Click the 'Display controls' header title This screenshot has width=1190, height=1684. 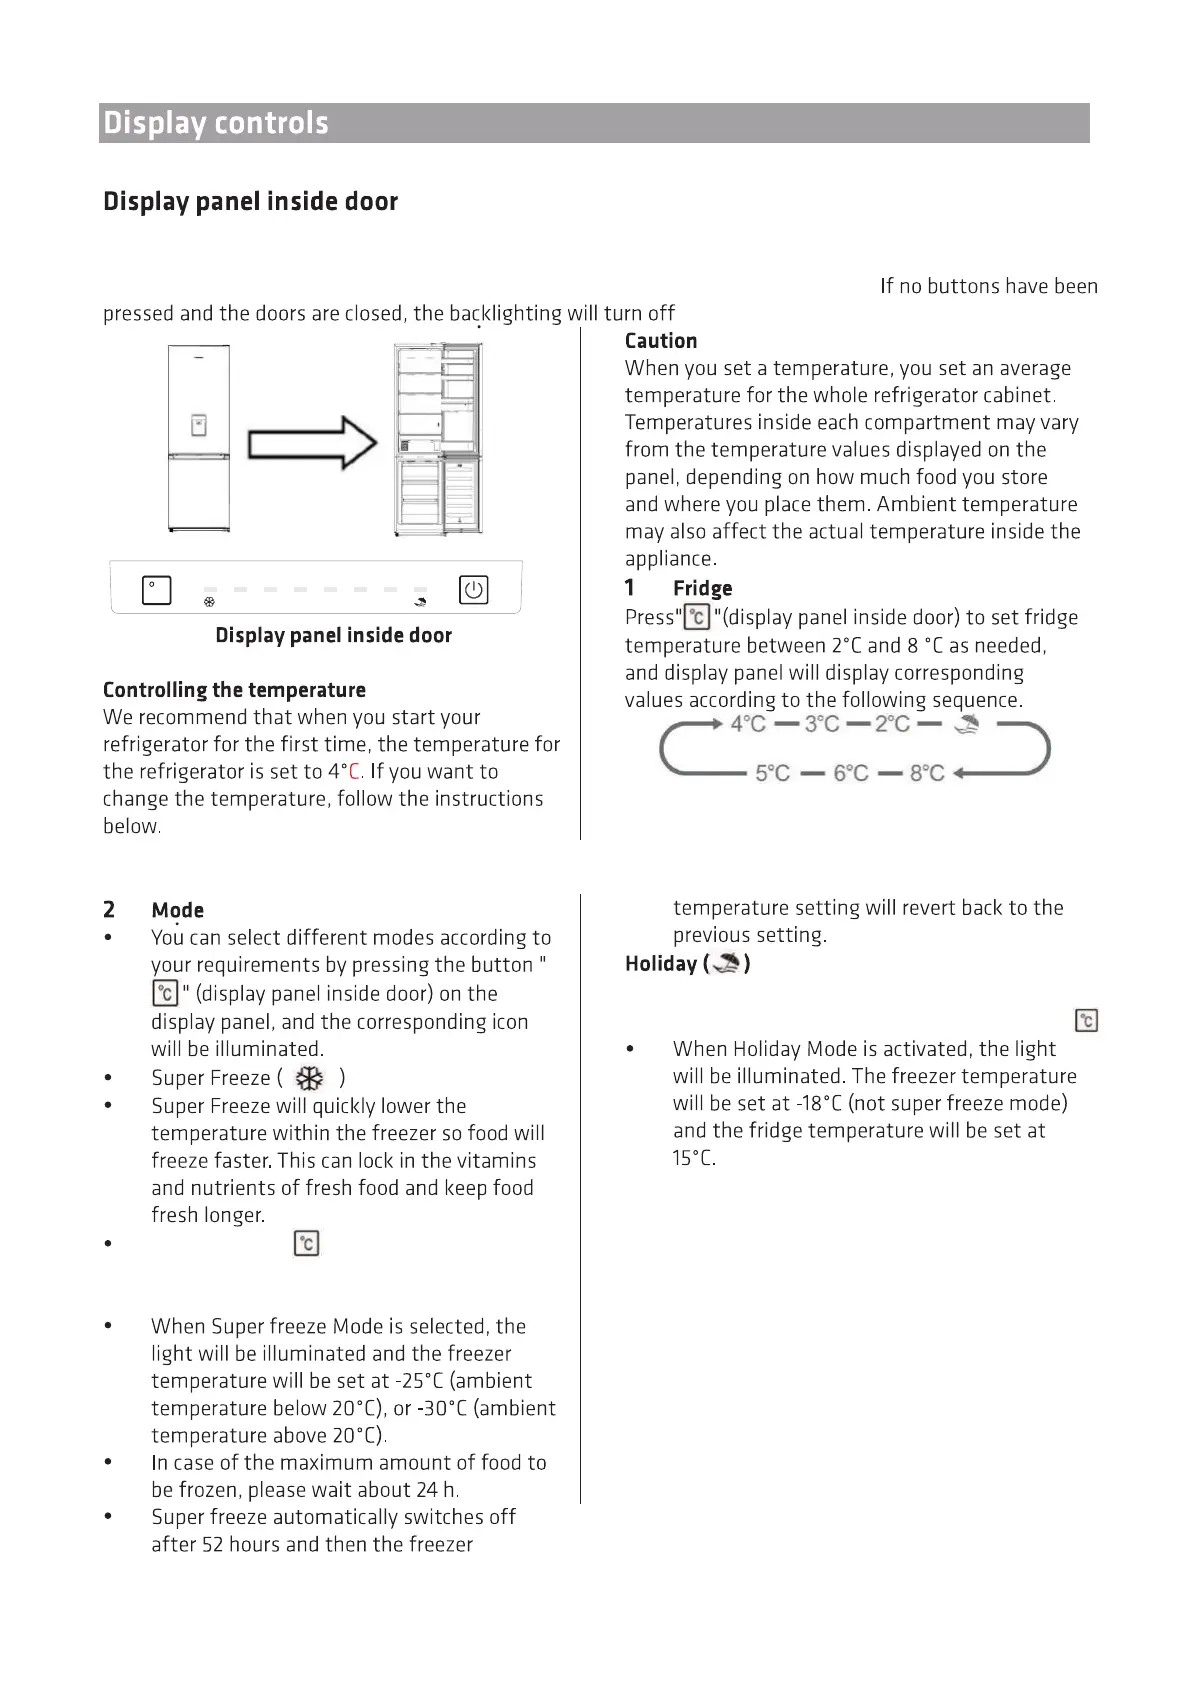pos(216,123)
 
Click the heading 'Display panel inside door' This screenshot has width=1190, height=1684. pos(250,202)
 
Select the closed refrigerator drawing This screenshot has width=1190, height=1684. pos(199,438)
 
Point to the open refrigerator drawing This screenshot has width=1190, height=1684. pos(439,439)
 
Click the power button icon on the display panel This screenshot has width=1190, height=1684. pos(473,590)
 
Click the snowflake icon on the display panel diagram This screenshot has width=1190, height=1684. pos(209,602)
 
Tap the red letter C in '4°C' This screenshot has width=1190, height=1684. pos(354,772)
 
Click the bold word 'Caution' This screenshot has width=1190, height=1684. pos(661,341)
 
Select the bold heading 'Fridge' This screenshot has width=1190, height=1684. pos(702,588)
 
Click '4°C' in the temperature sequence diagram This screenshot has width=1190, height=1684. pos(748,724)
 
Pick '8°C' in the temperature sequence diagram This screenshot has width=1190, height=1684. pos(927,773)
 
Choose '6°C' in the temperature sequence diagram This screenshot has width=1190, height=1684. pos(851,773)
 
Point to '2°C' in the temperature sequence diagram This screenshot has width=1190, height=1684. pos(892,724)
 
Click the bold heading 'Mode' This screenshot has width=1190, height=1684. pos(178,910)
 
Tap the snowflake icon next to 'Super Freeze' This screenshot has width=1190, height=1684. pos(311,1078)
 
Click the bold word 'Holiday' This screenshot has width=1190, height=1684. pos(660,964)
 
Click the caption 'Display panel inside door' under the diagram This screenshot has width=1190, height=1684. pos(333,636)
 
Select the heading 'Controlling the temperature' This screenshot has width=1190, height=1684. pos(234,690)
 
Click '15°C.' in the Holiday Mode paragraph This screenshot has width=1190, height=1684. pos(694,1159)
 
